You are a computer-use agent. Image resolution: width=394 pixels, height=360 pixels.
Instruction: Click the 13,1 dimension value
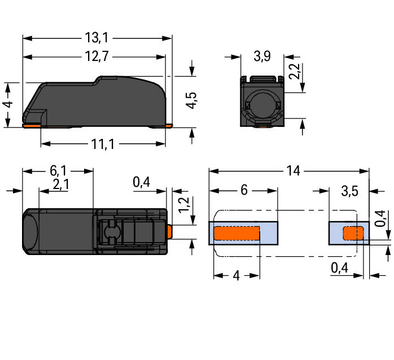coord(97,38)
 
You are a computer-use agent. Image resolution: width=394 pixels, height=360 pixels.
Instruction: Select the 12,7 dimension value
coord(97,56)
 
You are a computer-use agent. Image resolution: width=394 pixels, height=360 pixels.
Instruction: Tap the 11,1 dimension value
coord(103,144)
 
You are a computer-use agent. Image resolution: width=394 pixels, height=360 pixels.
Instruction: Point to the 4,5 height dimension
coord(191,100)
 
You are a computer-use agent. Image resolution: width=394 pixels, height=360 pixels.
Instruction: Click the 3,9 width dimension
coord(262,56)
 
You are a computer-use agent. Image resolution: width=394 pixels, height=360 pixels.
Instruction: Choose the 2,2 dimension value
coord(294,71)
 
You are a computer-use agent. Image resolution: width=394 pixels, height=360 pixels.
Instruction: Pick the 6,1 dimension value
coord(58,171)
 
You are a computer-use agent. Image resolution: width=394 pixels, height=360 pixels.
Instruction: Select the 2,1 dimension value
coord(60,185)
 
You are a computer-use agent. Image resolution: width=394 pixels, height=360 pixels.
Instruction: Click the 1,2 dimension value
coord(184,205)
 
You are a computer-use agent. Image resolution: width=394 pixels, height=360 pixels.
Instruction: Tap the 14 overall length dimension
coord(293,171)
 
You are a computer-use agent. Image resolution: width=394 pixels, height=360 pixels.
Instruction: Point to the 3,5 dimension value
coord(349,191)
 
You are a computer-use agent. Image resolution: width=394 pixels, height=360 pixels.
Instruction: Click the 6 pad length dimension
coord(244,190)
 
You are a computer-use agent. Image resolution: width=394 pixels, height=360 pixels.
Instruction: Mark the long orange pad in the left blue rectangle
coord(237,233)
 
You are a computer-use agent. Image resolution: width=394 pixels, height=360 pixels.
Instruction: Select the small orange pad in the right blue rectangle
coord(353,233)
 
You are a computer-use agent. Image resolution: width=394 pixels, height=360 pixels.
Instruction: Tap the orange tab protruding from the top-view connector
coord(169,231)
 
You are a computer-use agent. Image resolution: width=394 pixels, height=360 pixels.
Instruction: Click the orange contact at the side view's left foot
coord(32,125)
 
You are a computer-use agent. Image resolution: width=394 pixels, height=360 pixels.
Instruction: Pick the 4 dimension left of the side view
coord(8,104)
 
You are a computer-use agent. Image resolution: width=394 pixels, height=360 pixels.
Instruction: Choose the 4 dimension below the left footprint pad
coord(236,276)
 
